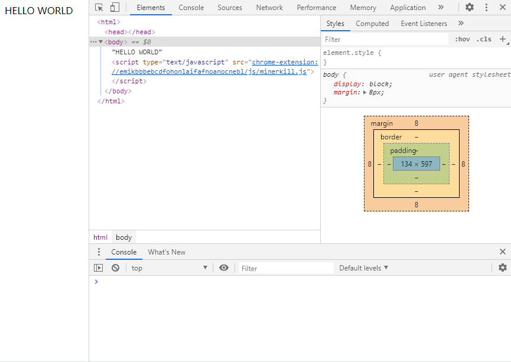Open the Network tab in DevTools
269,8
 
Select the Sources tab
230,8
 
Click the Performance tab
317,8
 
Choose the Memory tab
363,8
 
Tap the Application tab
408,8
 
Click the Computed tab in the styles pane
372,24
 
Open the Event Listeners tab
424,24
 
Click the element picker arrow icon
99,8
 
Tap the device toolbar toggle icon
115,7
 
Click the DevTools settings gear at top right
469,7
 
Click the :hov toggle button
462,39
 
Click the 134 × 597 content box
416,164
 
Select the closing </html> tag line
111,101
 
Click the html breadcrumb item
100,237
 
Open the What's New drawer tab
167,252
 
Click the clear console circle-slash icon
115,268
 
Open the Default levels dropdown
363,268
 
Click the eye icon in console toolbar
223,268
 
